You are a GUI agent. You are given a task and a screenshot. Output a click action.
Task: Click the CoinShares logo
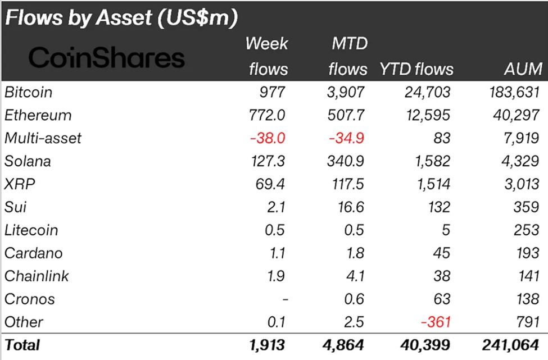pyautogui.click(x=106, y=57)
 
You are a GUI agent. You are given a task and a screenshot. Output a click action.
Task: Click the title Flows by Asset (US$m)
pyautogui.click(x=121, y=17)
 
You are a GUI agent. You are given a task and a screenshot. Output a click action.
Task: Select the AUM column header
pyautogui.click(x=523, y=69)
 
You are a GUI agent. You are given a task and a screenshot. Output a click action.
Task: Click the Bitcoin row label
pyautogui.click(x=28, y=92)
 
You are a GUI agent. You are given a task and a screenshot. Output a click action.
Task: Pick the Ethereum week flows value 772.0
pyautogui.click(x=268, y=115)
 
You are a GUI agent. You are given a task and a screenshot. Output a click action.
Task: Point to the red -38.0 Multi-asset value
pyautogui.click(x=268, y=138)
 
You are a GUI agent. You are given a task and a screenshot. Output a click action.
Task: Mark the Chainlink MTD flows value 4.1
pyautogui.click(x=355, y=276)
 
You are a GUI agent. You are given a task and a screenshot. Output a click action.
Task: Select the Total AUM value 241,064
pyautogui.click(x=511, y=345)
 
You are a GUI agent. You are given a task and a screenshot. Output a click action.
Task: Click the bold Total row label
pyautogui.click(x=22, y=345)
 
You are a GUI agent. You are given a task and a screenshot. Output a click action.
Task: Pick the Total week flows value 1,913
pyautogui.click(x=268, y=345)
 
